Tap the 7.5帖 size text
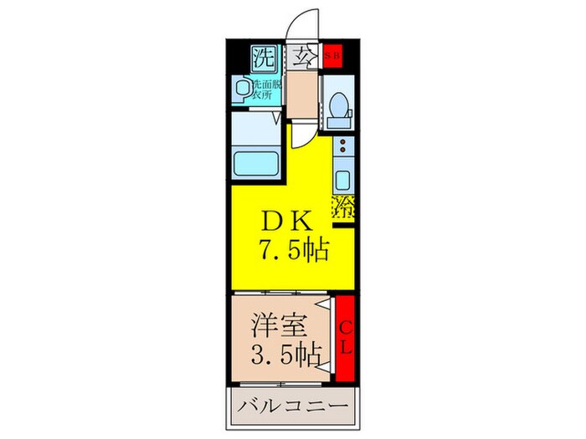(288, 249)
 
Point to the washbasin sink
(244, 89)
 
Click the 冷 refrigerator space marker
(344, 208)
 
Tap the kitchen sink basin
(344, 178)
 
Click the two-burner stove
(344, 149)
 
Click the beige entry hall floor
(303, 96)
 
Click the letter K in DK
(303, 222)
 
